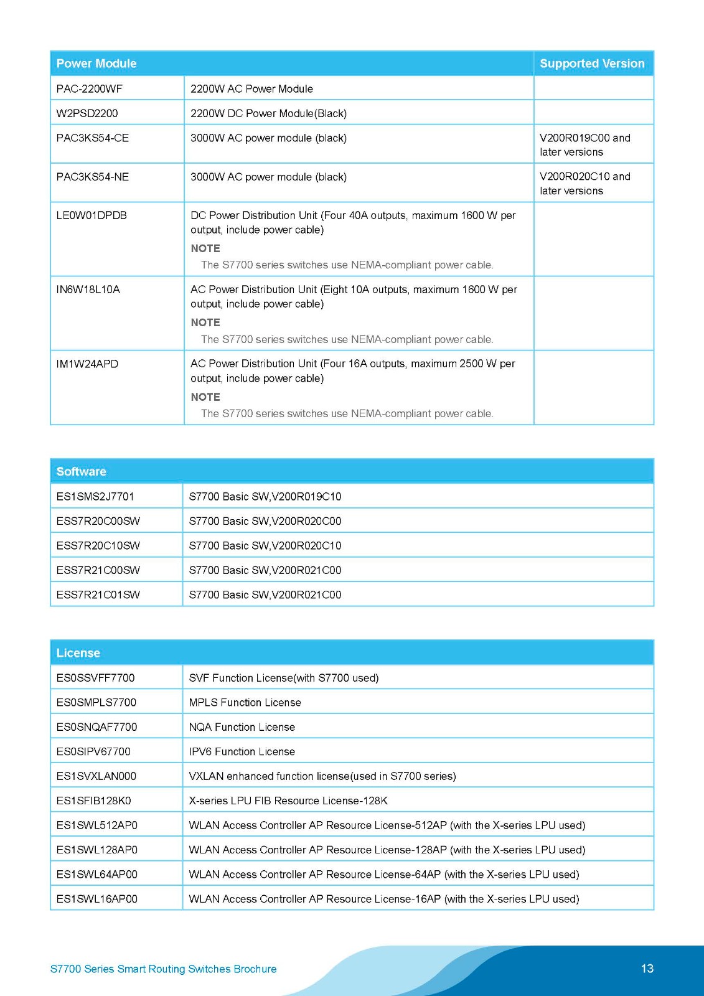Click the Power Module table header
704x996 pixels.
(x=96, y=63)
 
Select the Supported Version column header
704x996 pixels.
(x=592, y=63)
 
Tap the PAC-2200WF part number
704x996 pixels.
(x=90, y=89)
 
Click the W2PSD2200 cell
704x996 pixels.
(x=87, y=113)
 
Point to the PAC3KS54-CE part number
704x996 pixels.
(x=93, y=138)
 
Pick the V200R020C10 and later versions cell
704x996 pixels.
(x=584, y=184)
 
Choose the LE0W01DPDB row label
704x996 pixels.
(x=92, y=215)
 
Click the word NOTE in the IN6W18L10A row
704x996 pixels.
(x=205, y=322)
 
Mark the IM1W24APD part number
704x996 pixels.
(x=87, y=364)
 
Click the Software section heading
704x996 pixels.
(x=82, y=472)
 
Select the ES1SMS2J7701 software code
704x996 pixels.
(x=95, y=497)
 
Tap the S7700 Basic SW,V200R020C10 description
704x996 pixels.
(x=265, y=546)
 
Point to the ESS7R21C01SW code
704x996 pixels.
(x=98, y=595)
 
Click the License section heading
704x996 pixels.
(x=78, y=653)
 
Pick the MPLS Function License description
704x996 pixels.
(x=245, y=703)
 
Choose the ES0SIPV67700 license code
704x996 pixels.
(x=93, y=752)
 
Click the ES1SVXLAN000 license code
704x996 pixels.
(x=96, y=776)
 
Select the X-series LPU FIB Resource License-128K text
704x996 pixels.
(x=288, y=801)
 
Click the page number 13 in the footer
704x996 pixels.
(x=647, y=969)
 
